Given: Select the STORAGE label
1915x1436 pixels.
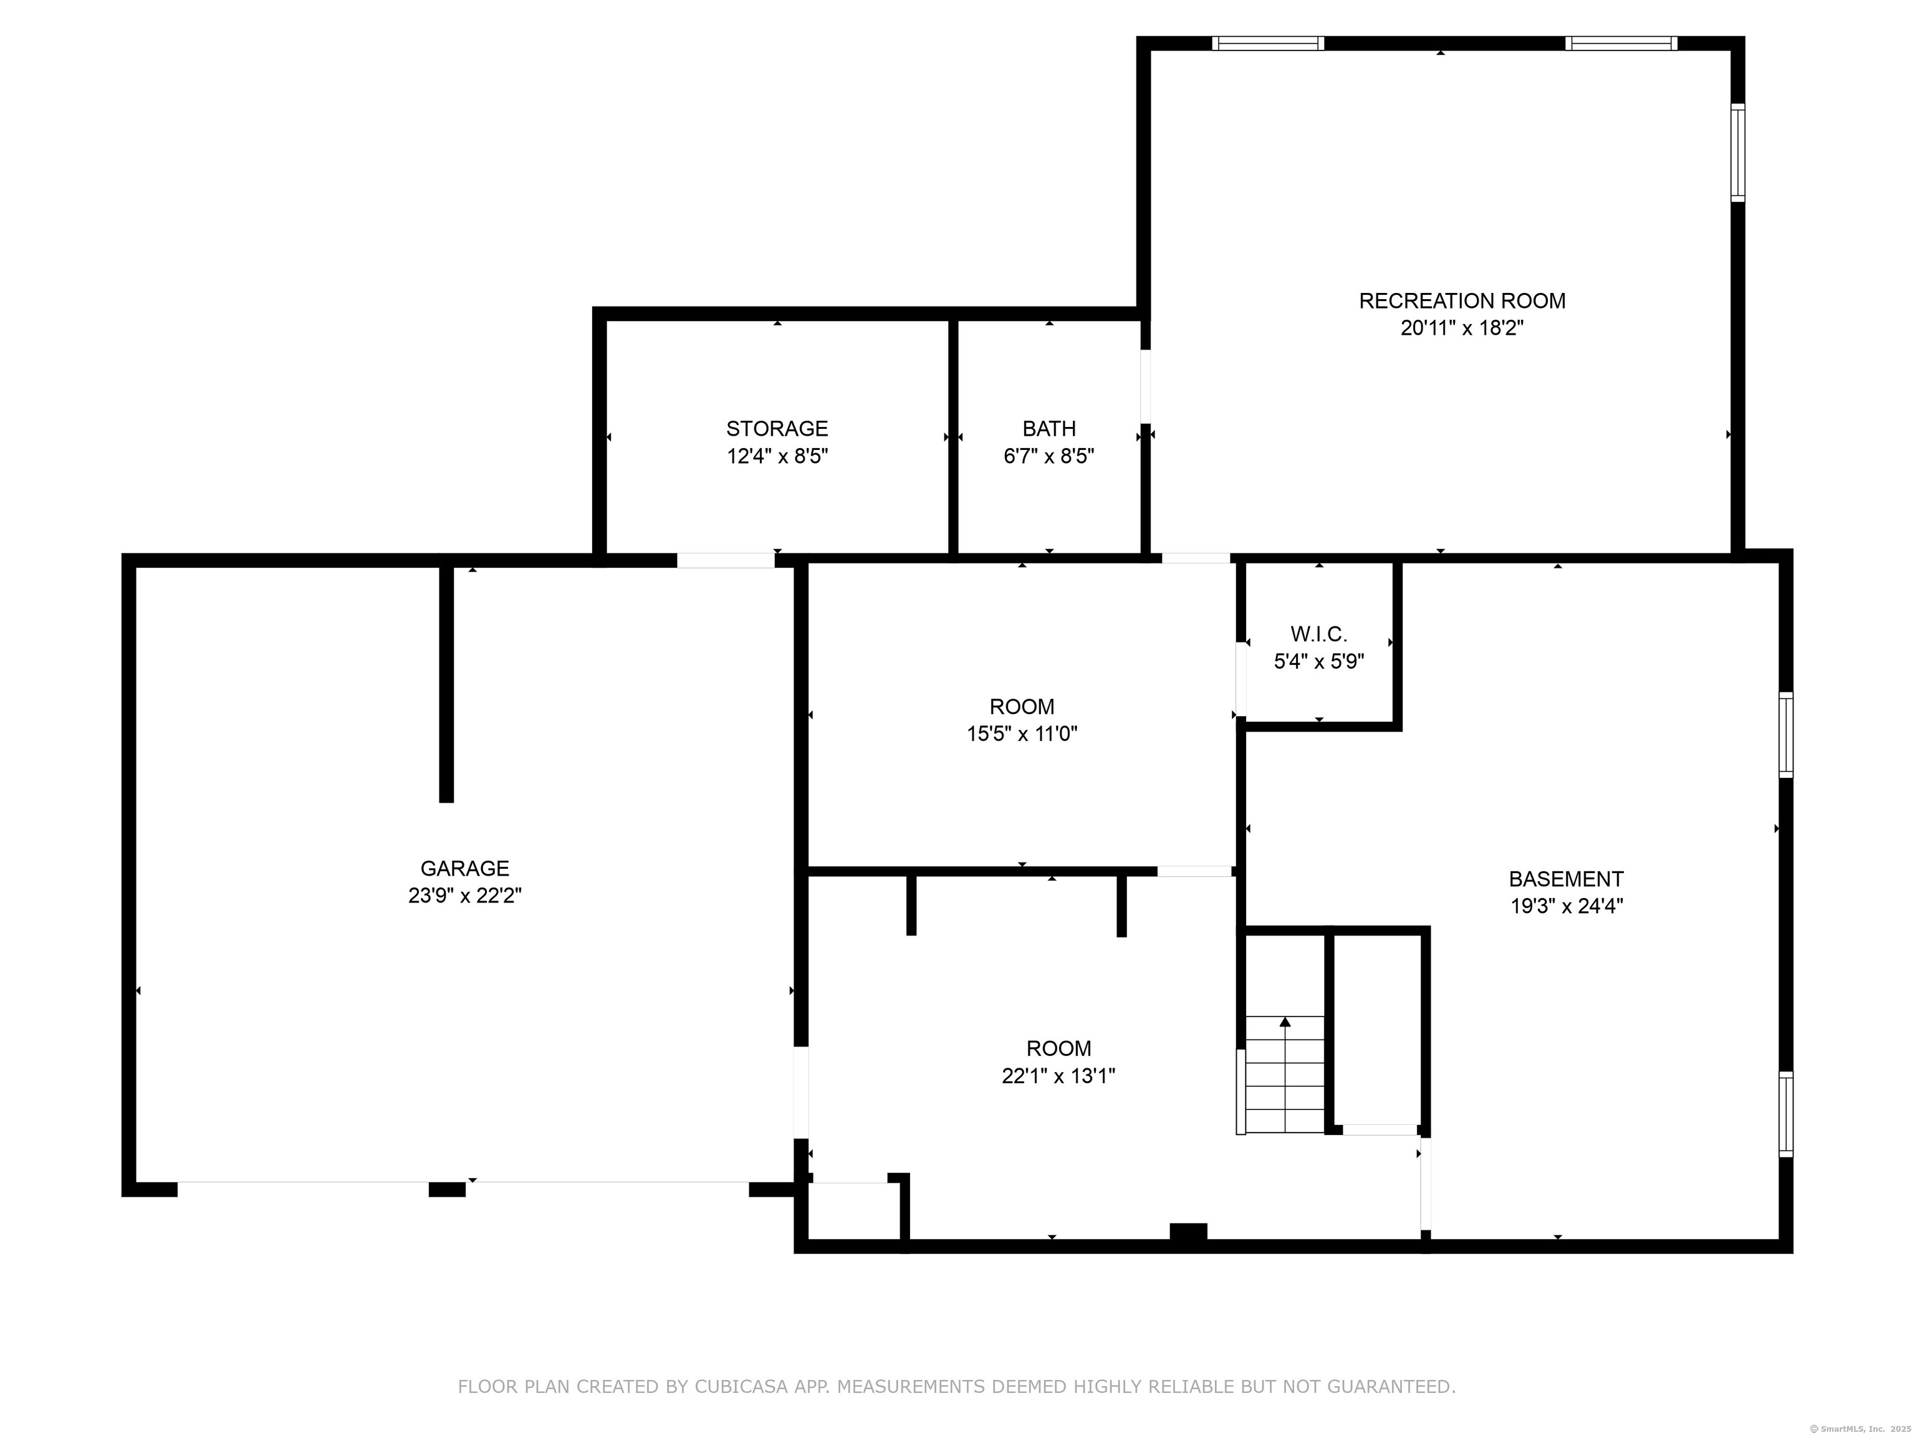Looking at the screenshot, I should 777,428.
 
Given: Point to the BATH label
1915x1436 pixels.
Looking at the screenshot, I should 1049,428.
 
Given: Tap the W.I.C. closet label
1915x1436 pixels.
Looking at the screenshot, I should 1318,634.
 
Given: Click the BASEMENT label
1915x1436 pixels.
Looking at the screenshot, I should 1565,879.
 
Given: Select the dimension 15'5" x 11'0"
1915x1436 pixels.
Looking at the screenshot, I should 1022,734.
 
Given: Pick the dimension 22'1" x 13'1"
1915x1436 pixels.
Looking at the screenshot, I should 1058,1076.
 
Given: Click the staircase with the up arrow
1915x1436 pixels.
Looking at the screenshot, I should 1285,1074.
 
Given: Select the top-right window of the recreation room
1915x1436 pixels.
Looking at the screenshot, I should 1621,43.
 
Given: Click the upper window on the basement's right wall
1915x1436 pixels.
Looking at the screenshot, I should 1785,734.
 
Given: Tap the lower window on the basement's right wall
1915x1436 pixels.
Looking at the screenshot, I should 1785,1114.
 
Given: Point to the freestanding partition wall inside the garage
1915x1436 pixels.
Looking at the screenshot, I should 446,684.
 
